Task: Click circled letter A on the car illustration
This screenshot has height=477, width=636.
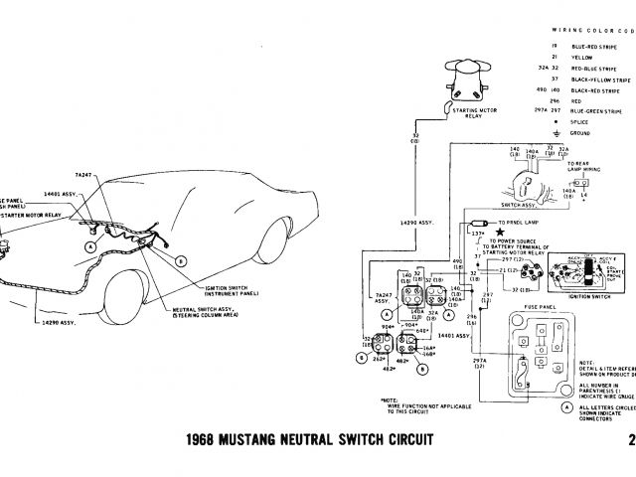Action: coord(91,244)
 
